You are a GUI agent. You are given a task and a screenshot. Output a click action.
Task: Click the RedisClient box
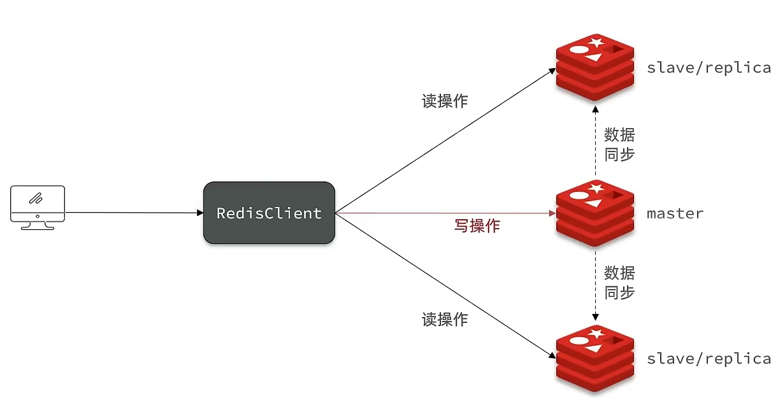click(x=269, y=213)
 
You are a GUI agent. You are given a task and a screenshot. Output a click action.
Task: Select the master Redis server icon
click(x=595, y=213)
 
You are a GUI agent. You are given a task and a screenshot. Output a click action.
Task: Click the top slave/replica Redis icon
click(x=595, y=68)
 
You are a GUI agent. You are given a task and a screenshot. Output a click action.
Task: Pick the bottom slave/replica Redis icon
click(x=595, y=358)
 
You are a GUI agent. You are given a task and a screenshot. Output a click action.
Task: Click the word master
click(x=675, y=213)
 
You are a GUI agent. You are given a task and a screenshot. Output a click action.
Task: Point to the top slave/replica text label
click(x=709, y=68)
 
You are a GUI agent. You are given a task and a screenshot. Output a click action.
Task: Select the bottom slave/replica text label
click(x=709, y=359)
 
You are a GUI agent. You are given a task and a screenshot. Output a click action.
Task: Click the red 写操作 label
click(x=477, y=225)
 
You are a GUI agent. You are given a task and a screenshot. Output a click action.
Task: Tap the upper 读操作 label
click(x=445, y=101)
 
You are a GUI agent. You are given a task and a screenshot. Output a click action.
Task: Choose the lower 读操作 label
click(x=445, y=320)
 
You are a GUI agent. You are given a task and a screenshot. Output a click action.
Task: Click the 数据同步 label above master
click(x=619, y=145)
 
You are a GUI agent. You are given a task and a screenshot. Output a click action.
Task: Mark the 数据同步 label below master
click(x=619, y=283)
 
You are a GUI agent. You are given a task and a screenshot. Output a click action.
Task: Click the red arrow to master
click(x=446, y=213)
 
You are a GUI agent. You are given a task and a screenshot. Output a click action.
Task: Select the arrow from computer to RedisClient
click(x=134, y=213)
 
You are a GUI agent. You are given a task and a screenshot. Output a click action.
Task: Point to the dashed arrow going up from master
click(x=595, y=143)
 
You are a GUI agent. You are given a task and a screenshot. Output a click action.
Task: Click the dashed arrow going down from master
click(x=595, y=283)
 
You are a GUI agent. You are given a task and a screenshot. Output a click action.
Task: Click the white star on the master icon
click(x=597, y=188)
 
